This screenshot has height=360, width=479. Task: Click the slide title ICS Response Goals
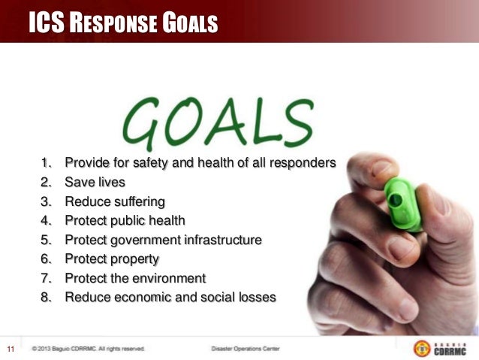pyautogui.click(x=123, y=25)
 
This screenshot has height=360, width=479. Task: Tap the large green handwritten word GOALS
pyautogui.click(x=218, y=125)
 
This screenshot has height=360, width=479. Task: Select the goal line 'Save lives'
pyautogui.click(x=95, y=182)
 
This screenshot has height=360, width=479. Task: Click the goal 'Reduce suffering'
pyautogui.click(x=114, y=201)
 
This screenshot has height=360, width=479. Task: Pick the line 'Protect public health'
pyautogui.click(x=125, y=221)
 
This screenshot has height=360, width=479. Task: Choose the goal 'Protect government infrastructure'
pyautogui.click(x=163, y=241)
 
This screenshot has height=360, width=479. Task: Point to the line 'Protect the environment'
pyautogui.click(x=135, y=278)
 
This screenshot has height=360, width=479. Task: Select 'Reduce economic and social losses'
pyautogui.click(x=170, y=297)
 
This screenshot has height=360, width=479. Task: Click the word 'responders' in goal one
pyautogui.click(x=304, y=162)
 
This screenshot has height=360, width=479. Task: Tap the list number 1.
pyautogui.click(x=46, y=162)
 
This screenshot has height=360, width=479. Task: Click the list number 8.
pyautogui.click(x=47, y=297)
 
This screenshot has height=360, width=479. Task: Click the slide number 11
pyautogui.click(x=11, y=349)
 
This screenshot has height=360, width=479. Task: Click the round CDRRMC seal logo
pyautogui.click(x=422, y=349)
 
